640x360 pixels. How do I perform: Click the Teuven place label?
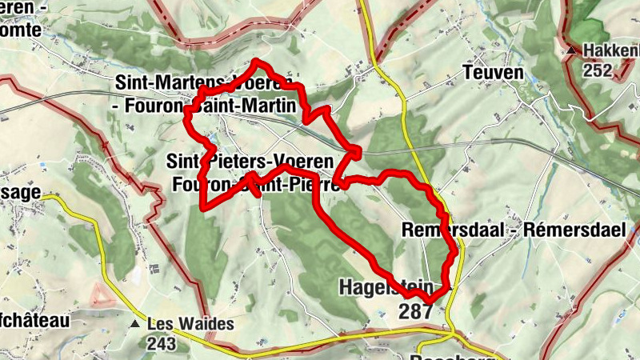[x=493, y=74]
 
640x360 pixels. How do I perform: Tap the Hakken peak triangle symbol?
[x=571, y=51]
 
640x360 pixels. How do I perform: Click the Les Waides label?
[x=190, y=324]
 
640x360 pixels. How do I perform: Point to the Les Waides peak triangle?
[x=134, y=324]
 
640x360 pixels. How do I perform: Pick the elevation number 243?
[x=162, y=343]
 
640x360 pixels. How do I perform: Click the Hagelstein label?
[x=386, y=286]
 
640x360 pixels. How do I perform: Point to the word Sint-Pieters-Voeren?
[x=249, y=161]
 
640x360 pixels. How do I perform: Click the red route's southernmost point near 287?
[x=430, y=300]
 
